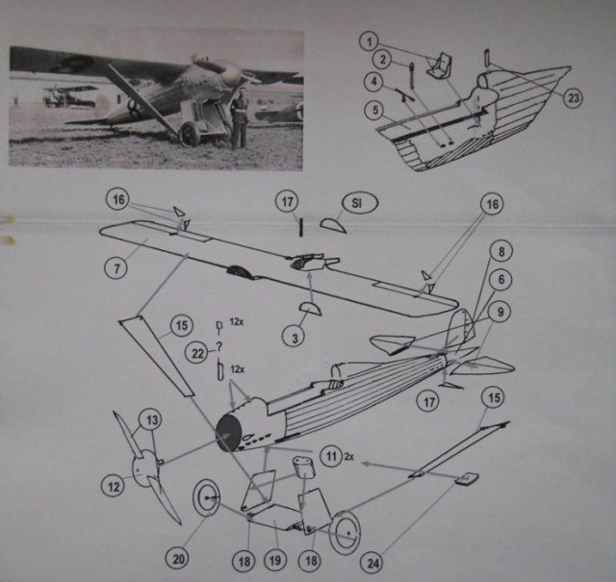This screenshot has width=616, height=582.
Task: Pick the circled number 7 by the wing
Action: [115, 265]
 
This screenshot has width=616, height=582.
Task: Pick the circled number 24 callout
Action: [370, 560]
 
